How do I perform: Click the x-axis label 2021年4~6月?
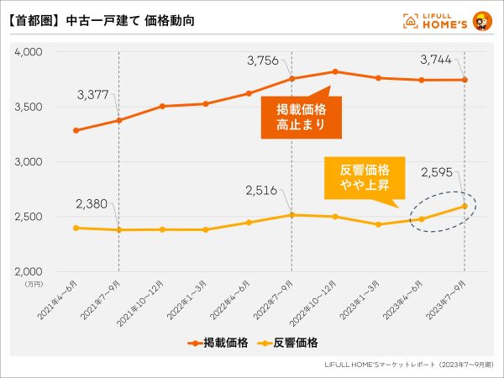[60, 299]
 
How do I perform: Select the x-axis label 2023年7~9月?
[449, 299]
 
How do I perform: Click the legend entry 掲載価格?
[217, 342]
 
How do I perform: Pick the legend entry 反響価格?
[290, 342]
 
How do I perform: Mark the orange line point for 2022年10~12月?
[335, 71]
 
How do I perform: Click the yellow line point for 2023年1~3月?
[379, 224]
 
